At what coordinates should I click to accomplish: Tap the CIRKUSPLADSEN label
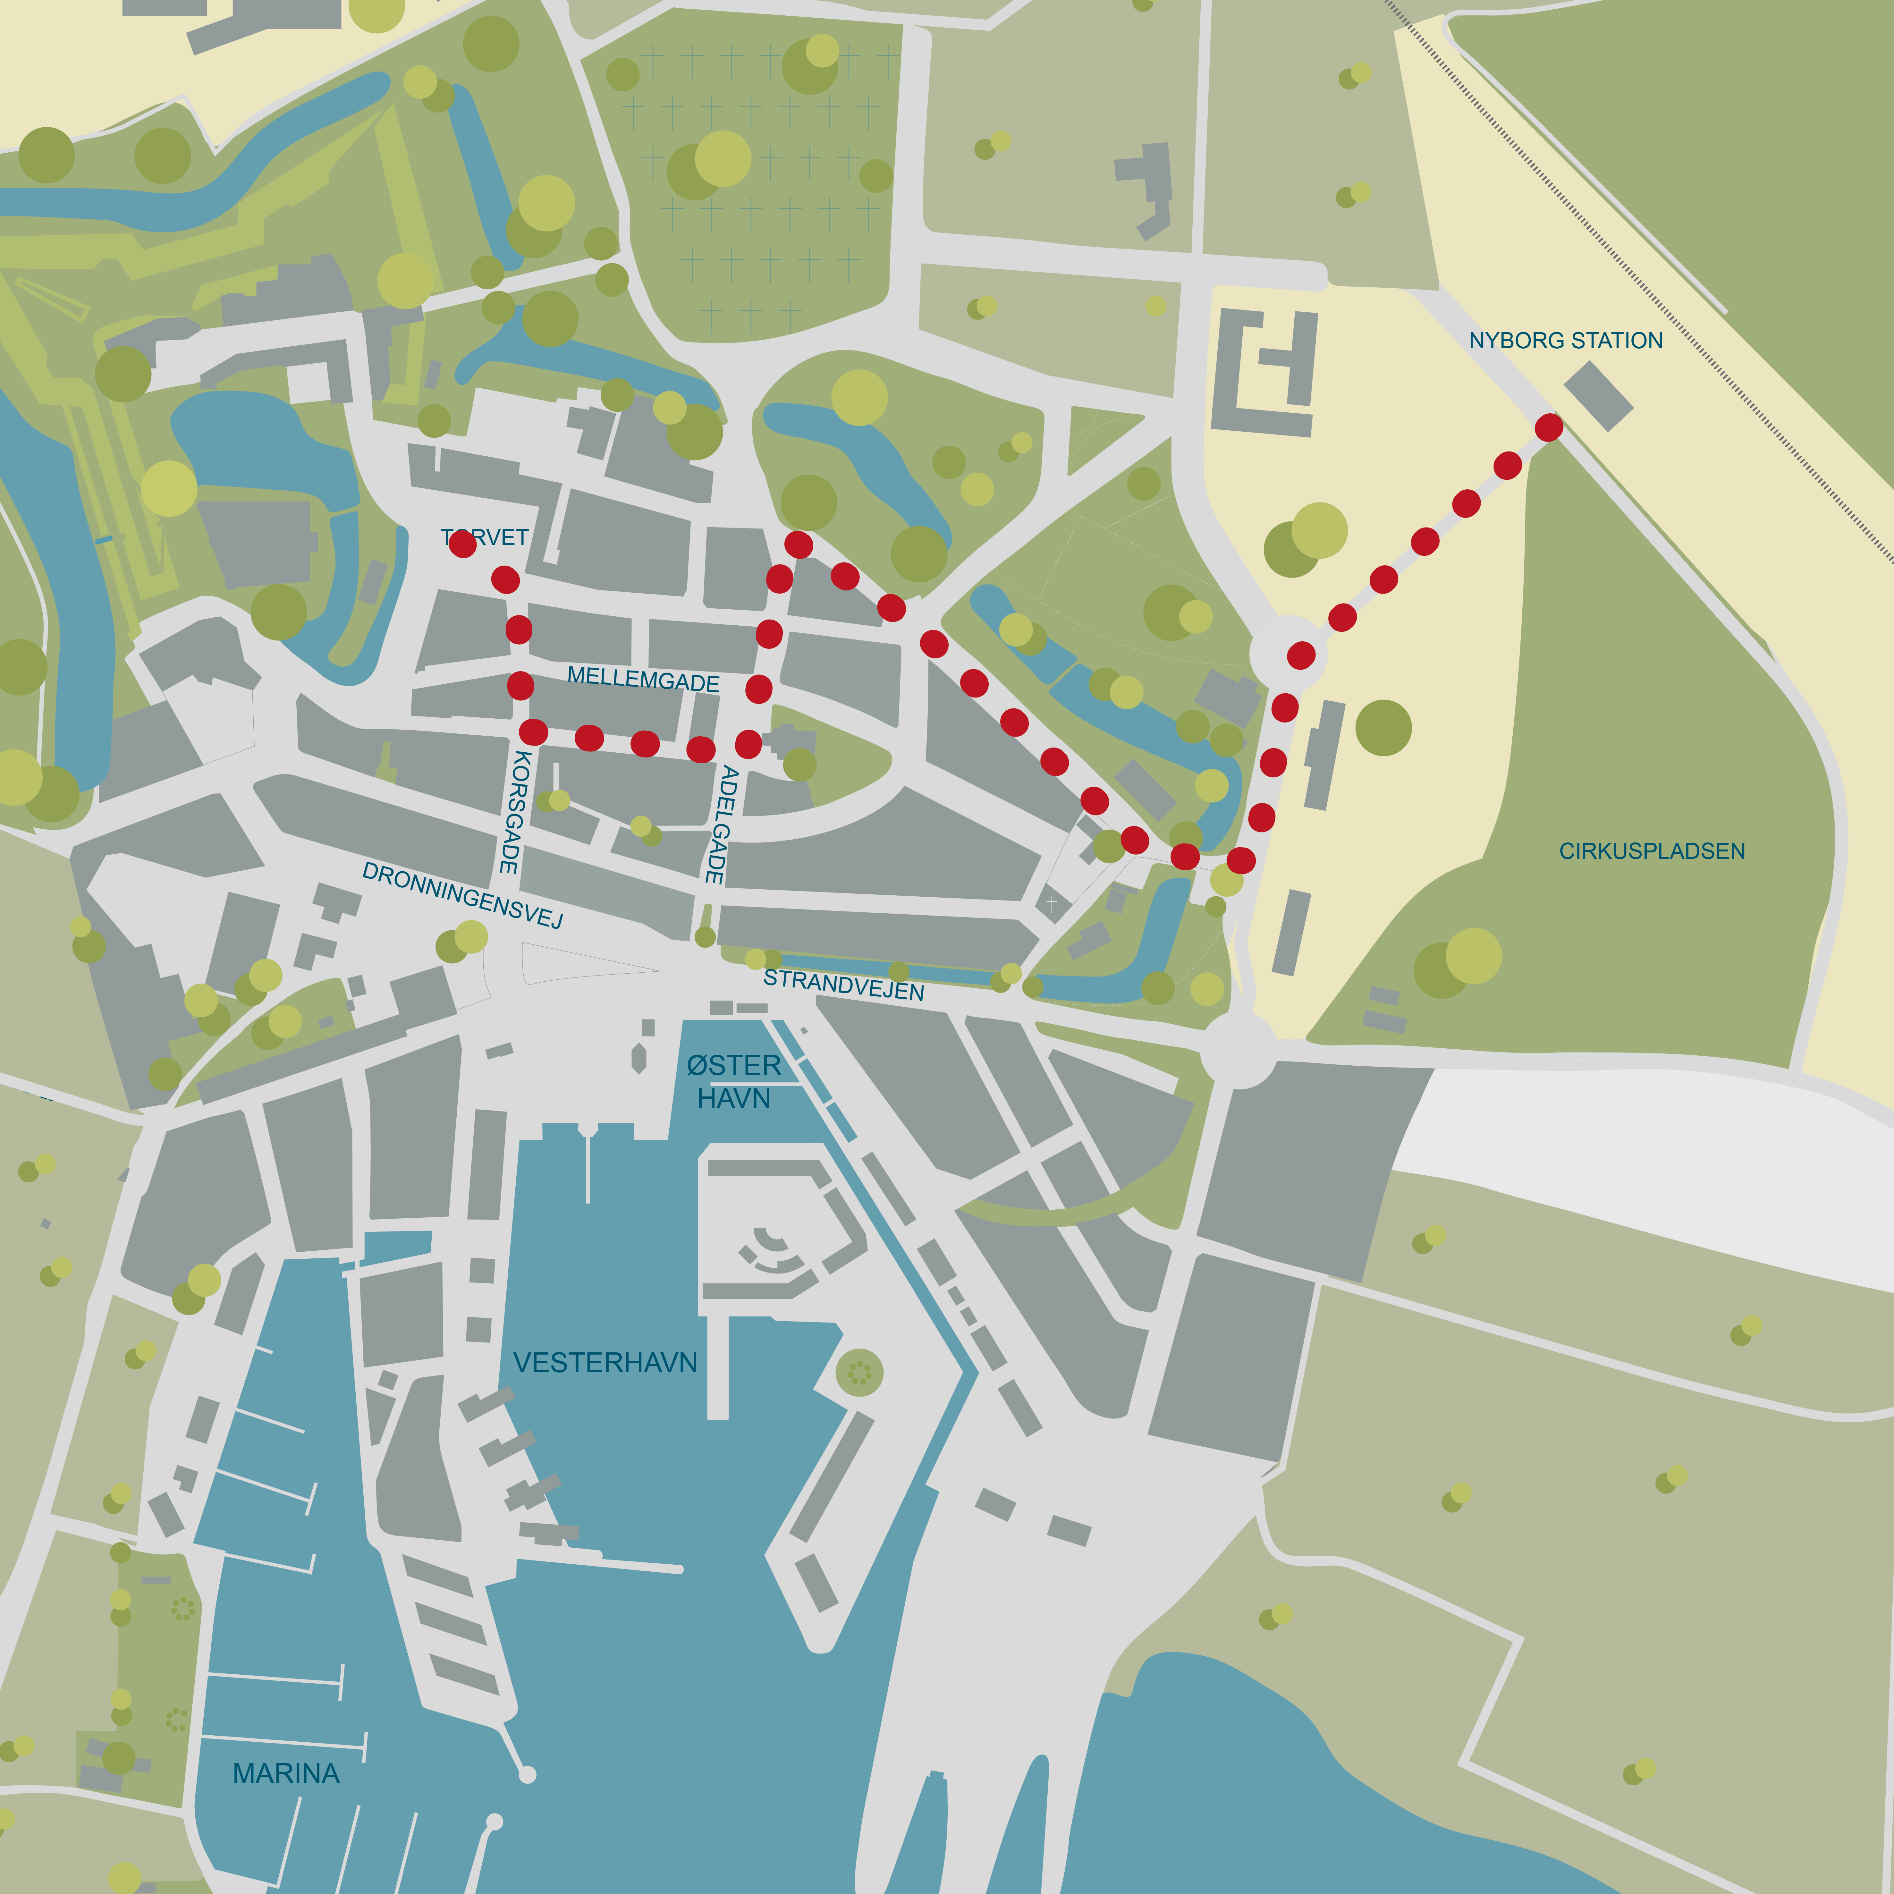coord(1652,851)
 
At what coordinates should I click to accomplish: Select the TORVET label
coord(485,537)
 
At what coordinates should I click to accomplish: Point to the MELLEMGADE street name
coord(643,679)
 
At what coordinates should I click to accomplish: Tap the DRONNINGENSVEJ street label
coord(463,894)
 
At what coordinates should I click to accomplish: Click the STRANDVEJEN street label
coord(843,984)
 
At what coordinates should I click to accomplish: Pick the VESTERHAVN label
coord(605,1363)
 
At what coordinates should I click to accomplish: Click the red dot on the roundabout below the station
coord(1301,655)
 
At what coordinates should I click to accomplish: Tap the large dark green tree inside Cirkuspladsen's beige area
coord(1383,727)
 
